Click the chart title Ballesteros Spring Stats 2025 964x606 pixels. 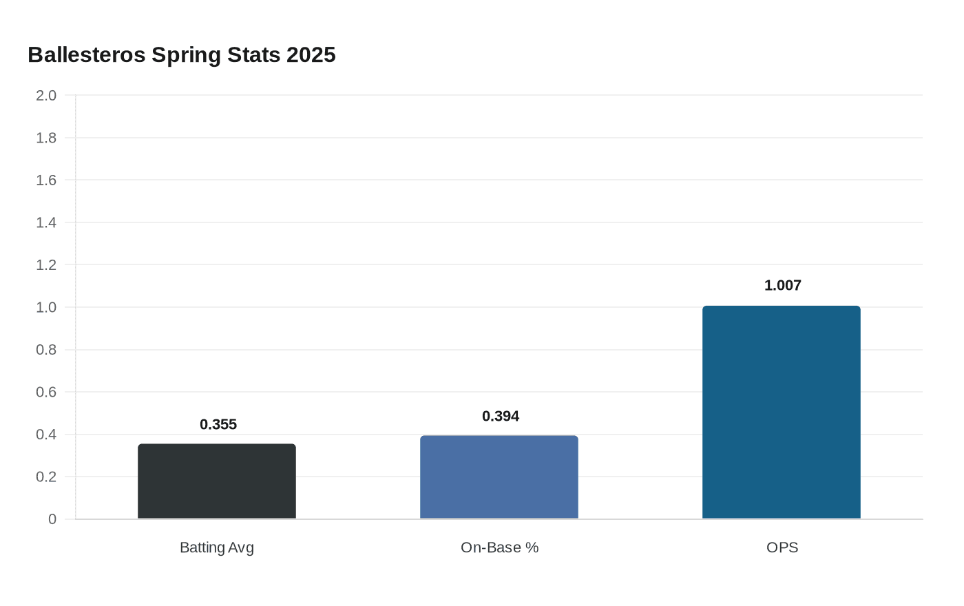182,54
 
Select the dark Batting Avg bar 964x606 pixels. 217,481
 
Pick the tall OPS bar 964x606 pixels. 782,412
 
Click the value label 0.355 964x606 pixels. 218,424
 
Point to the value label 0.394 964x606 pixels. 501,416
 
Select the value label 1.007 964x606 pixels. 783,285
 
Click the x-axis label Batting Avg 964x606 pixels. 217,547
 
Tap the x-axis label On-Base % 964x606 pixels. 499,547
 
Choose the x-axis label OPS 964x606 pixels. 782,547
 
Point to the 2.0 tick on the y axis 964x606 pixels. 46,95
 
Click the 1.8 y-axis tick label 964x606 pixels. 46,138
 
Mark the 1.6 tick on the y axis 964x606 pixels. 46,180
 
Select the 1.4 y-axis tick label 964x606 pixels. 46,222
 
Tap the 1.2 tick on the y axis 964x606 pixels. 46,264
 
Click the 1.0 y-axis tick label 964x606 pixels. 46,307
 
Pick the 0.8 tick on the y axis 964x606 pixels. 46,350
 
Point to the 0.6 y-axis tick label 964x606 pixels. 46,392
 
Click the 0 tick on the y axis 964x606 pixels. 52,519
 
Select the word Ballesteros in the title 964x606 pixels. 87,54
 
